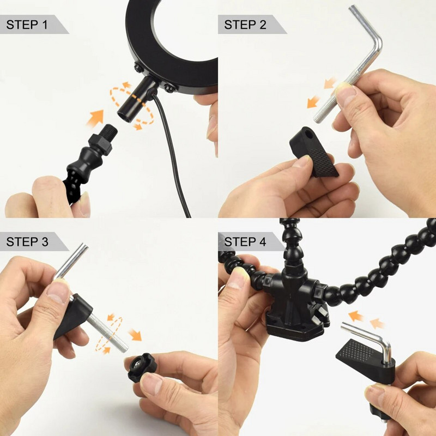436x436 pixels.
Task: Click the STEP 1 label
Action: click(27, 25)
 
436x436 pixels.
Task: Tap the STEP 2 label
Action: click(245, 25)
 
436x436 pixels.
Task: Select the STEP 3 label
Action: click(27, 241)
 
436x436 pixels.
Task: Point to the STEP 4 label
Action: click(245, 241)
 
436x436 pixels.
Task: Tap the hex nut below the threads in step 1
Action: click(100, 144)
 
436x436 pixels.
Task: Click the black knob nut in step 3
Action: click(142, 367)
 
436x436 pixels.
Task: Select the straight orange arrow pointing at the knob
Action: click(135, 335)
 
